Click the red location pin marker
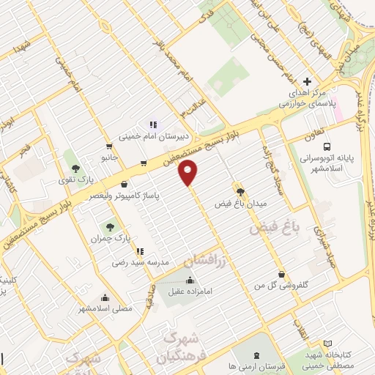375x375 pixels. pos(189,173)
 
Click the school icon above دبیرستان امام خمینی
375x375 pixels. pos(153,125)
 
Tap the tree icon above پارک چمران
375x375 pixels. pos(110,226)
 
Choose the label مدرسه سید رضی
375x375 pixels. pos(141,261)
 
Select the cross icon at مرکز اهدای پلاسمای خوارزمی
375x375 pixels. pos(308,81)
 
